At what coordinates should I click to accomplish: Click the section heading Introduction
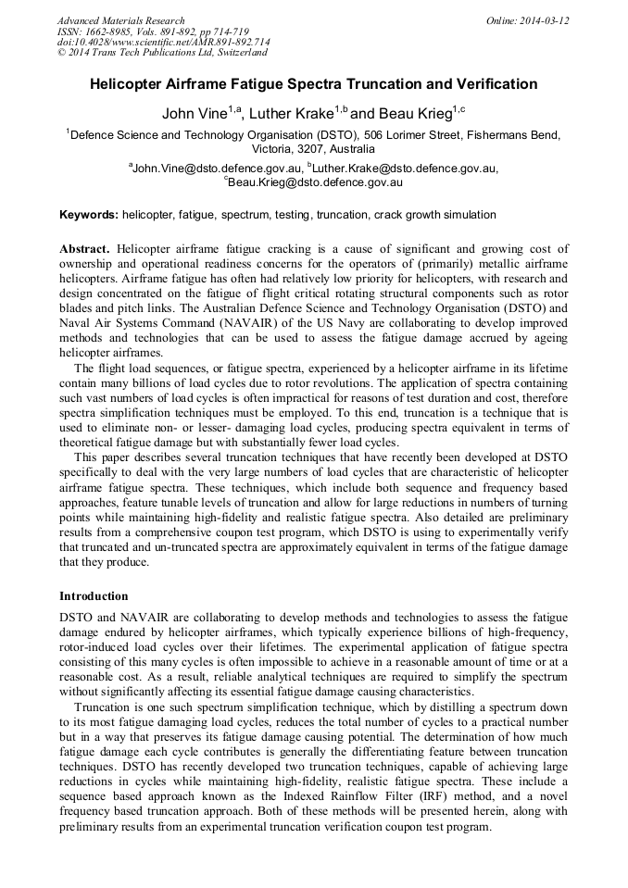tap(94, 595)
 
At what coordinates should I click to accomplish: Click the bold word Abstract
tap(84, 249)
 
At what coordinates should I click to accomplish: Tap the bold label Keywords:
tap(89, 215)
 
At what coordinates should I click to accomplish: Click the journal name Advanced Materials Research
tap(120, 20)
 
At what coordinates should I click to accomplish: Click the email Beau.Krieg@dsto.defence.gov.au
tap(316, 183)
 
